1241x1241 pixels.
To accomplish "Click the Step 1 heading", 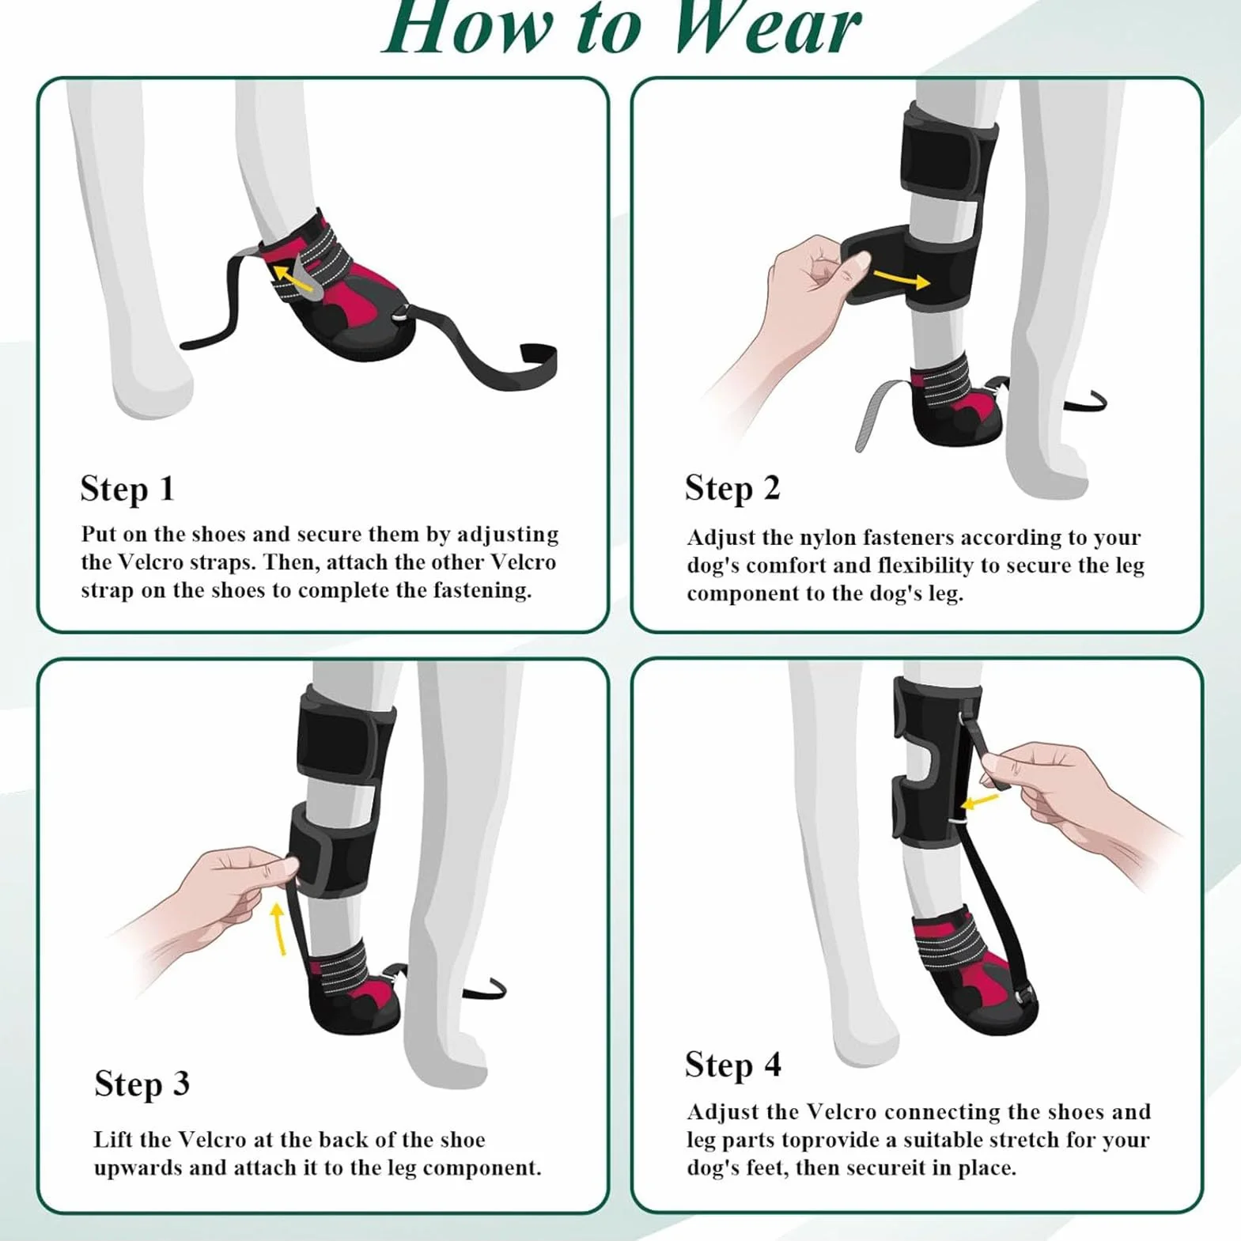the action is click(x=127, y=490).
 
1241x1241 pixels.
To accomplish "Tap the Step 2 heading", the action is click(x=732, y=489).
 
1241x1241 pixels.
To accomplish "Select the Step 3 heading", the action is click(x=142, y=1084).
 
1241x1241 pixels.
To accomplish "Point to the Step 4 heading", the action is click(x=733, y=1065).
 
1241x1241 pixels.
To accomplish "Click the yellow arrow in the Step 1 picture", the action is click(x=293, y=278).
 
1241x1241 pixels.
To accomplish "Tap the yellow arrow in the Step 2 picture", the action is click(x=901, y=278).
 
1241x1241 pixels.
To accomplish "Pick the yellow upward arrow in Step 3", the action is click(x=278, y=929).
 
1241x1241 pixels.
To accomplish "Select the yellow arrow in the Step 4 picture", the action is click(x=980, y=801).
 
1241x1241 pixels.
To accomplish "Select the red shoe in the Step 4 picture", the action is click(x=973, y=969).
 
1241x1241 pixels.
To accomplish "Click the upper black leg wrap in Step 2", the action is click(x=945, y=158).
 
